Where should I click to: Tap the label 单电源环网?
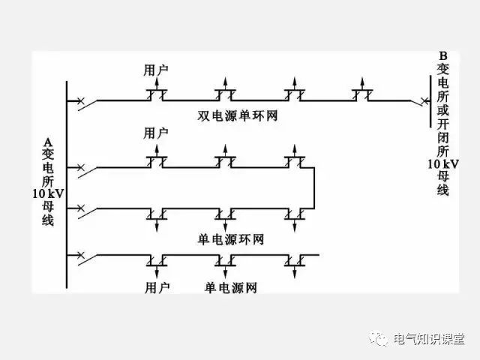[231, 239]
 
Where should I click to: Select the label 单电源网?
[231, 287]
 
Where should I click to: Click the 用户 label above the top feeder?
[156, 70]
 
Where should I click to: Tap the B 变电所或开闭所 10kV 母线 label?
[443, 124]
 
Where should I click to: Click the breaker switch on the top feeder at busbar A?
[81, 100]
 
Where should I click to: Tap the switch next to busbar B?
[415, 99]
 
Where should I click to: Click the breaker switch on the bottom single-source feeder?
[81, 256]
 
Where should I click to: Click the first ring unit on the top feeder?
[156, 95]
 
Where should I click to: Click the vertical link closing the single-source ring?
[313, 188]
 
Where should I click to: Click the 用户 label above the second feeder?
[156, 133]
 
